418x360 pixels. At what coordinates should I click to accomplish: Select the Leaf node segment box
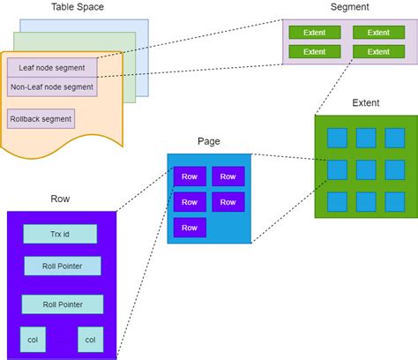click(x=51, y=67)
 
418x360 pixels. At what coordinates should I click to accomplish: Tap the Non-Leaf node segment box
click(x=52, y=86)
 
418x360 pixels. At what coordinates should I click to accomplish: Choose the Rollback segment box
click(x=41, y=118)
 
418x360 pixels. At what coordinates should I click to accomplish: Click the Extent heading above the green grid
click(x=365, y=103)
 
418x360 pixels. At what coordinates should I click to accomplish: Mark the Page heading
click(x=208, y=141)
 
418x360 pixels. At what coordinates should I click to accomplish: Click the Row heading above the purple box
click(x=60, y=199)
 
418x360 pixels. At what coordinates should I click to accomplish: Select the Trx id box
click(x=60, y=234)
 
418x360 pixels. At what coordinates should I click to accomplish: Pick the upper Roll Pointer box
click(x=62, y=266)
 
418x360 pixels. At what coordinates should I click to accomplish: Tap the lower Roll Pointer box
click(x=62, y=304)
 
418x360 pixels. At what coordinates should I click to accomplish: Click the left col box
click(x=33, y=339)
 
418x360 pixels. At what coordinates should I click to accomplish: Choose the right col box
click(x=90, y=339)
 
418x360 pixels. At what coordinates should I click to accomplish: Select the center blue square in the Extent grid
click(x=366, y=169)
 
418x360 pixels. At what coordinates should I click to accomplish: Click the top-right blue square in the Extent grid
click(x=393, y=138)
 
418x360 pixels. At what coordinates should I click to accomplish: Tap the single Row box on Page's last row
click(x=190, y=228)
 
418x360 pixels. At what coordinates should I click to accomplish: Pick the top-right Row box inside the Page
click(x=228, y=176)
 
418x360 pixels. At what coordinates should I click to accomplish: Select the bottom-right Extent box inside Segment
click(x=378, y=51)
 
